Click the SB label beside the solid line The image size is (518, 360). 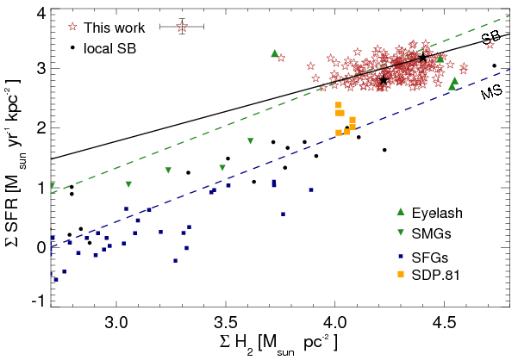[491, 39]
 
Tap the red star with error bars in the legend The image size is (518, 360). [181, 27]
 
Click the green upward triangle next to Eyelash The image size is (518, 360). [400, 211]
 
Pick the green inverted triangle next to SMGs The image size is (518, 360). [400, 233]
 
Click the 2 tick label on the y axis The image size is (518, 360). [40, 128]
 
